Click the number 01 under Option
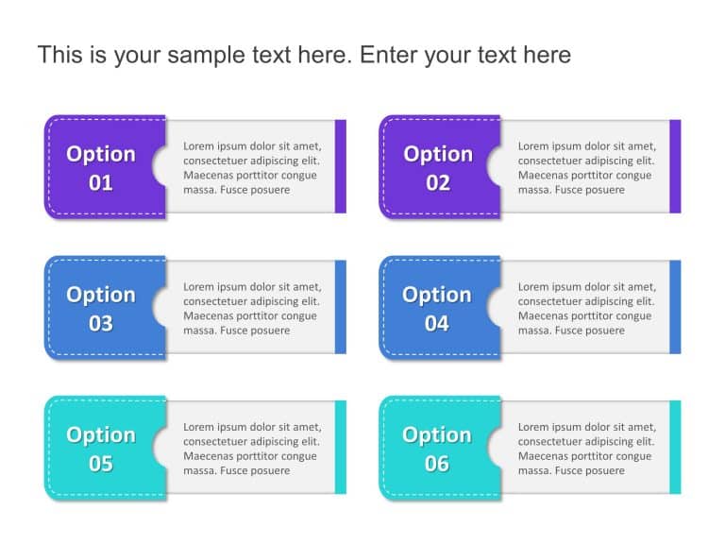pyautogui.click(x=101, y=183)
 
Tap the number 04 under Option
pyautogui.click(x=437, y=324)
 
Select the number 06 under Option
pyautogui.click(x=437, y=464)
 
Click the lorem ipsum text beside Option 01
pyautogui.click(x=251, y=168)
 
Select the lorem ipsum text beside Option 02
pyautogui.click(x=586, y=168)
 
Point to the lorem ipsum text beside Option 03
pyautogui.click(x=251, y=309)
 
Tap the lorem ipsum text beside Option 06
pyautogui.click(x=586, y=449)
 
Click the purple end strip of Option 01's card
pyautogui.click(x=341, y=166)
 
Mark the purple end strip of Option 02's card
pyautogui.click(x=675, y=166)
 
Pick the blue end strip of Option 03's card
pyautogui.click(x=341, y=307)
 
